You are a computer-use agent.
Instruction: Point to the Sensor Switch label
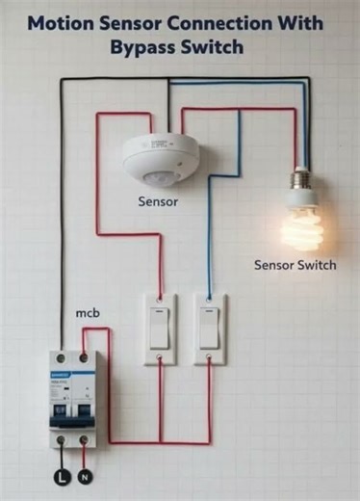click(x=295, y=265)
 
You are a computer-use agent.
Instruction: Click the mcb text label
click(x=89, y=314)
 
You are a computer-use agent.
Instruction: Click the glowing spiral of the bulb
click(x=300, y=225)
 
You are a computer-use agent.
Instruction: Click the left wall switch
click(x=161, y=329)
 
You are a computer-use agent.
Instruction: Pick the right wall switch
click(x=209, y=329)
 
